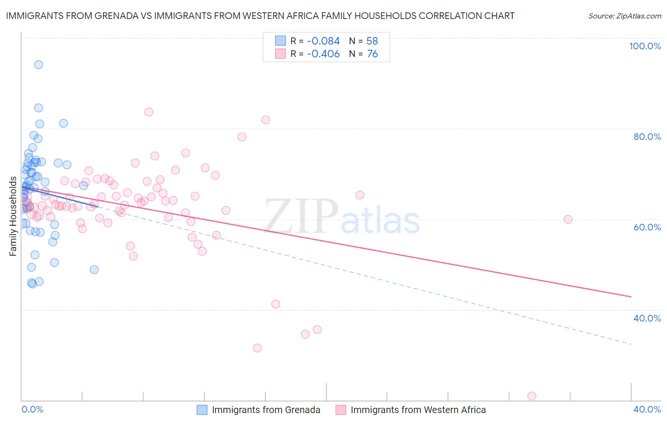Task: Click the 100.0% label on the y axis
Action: click(x=645, y=46)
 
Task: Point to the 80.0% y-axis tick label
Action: click(x=647, y=137)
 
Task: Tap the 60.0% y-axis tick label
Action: click(x=647, y=227)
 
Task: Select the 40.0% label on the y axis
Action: click(x=647, y=318)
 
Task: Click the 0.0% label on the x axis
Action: click(x=32, y=409)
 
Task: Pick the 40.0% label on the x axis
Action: click(x=647, y=409)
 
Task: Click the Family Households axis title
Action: click(x=13, y=216)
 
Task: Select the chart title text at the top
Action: click(x=260, y=16)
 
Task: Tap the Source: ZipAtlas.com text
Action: click(x=624, y=16)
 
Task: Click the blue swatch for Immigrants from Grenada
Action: click(x=202, y=410)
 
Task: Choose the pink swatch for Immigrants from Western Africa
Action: click(x=341, y=410)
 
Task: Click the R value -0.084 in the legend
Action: click(x=323, y=41)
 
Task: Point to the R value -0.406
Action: click(x=323, y=54)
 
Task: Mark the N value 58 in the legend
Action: click(x=372, y=41)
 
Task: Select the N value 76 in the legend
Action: click(x=372, y=54)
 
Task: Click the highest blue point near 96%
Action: click(x=38, y=64)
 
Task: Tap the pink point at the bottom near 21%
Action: click(x=532, y=396)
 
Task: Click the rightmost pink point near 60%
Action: click(x=568, y=219)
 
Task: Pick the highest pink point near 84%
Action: click(x=148, y=112)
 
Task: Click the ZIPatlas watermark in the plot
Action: click(x=342, y=217)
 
